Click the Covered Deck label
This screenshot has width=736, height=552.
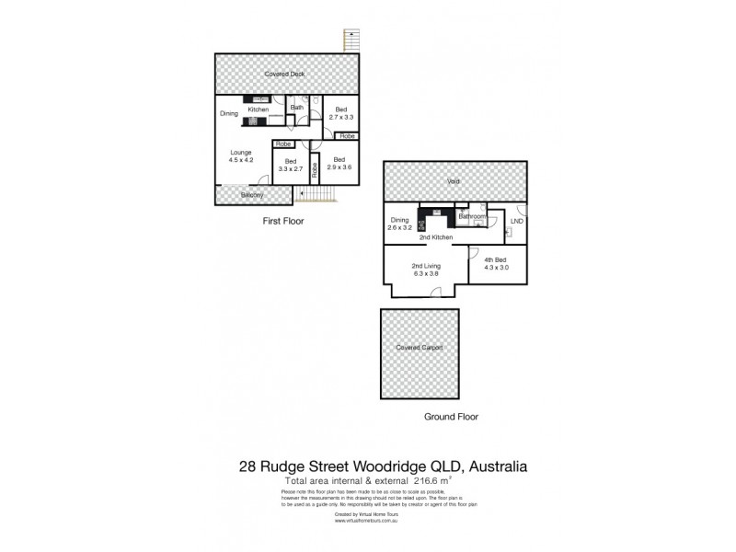click(284, 74)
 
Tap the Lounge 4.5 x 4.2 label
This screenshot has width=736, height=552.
click(239, 156)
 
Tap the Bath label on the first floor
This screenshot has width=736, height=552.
click(297, 108)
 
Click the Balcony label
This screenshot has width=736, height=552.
click(253, 195)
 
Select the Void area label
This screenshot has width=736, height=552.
click(454, 182)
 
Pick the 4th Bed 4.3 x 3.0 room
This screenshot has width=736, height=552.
click(495, 264)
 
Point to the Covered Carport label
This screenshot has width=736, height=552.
click(419, 348)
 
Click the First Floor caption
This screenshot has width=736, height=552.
click(283, 222)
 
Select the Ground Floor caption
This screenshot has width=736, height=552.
click(452, 417)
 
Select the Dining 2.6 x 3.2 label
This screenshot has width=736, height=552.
click(399, 224)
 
